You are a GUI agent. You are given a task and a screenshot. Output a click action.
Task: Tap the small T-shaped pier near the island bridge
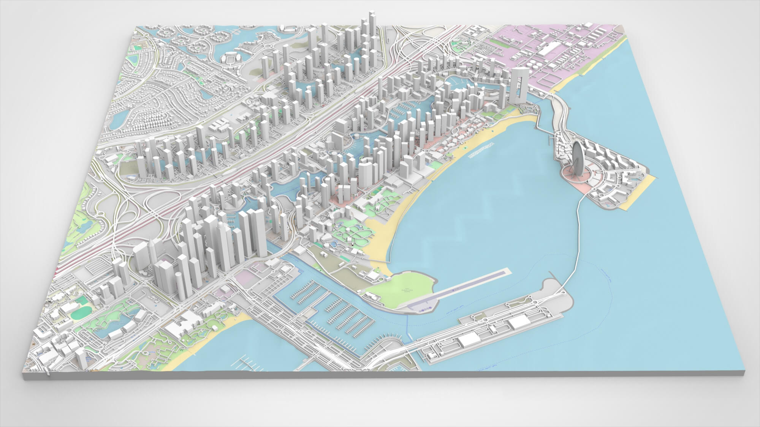pyautogui.click(x=550, y=140)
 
